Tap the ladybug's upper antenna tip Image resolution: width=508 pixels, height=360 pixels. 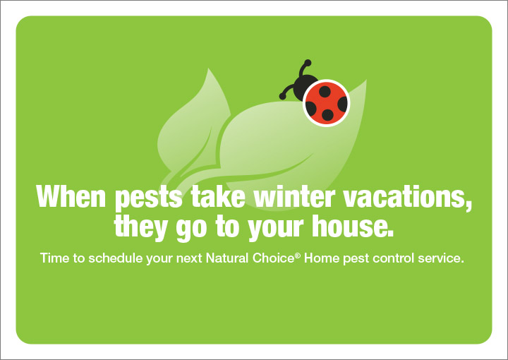[306, 62]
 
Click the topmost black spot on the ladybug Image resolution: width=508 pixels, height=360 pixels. [325, 90]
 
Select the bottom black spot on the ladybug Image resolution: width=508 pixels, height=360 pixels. [327, 115]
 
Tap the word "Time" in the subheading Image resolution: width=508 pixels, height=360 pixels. [54, 258]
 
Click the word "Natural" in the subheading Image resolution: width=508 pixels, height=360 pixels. [228, 258]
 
